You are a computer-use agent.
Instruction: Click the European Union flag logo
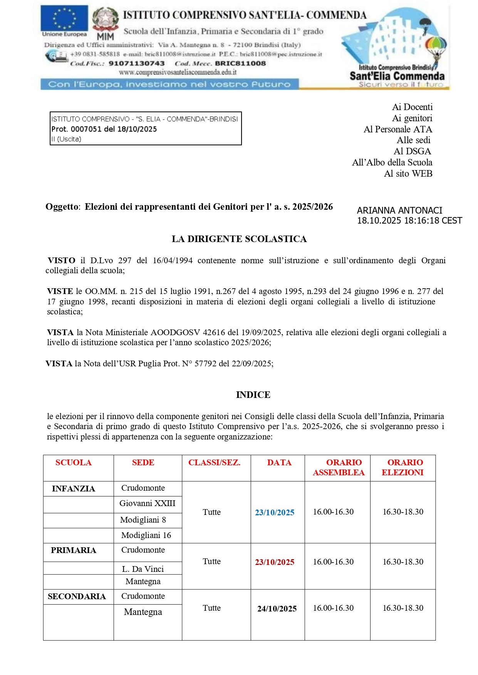(64, 18)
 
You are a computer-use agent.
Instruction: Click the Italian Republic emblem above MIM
(105, 20)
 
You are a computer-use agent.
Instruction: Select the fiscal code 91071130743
(137, 63)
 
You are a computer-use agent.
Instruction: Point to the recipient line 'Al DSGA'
(412, 151)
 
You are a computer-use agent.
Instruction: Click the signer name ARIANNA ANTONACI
(399, 211)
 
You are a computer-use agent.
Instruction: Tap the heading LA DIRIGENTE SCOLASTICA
(239, 239)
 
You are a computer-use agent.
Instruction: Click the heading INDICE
(253, 395)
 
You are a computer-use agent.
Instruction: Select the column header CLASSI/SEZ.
(214, 463)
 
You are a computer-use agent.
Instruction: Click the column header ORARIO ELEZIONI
(403, 467)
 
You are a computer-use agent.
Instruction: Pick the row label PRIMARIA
(74, 550)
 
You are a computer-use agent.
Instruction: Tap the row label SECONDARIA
(77, 596)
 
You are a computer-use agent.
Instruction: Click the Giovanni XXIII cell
(147, 503)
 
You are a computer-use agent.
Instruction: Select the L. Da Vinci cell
(143, 569)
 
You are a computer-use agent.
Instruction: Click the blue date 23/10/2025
(275, 513)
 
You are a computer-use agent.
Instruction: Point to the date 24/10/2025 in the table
(277, 608)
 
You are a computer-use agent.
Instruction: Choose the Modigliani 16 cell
(146, 535)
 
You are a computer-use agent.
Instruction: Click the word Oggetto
(62, 207)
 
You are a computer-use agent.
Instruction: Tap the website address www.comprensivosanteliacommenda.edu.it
(178, 72)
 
